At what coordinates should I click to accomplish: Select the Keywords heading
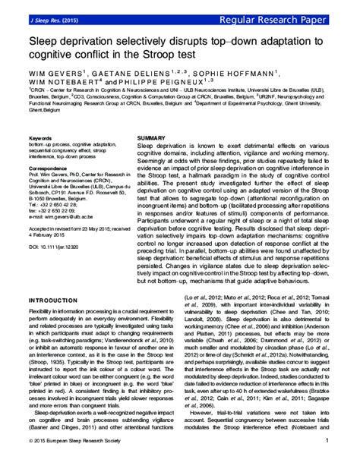point(40,138)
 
